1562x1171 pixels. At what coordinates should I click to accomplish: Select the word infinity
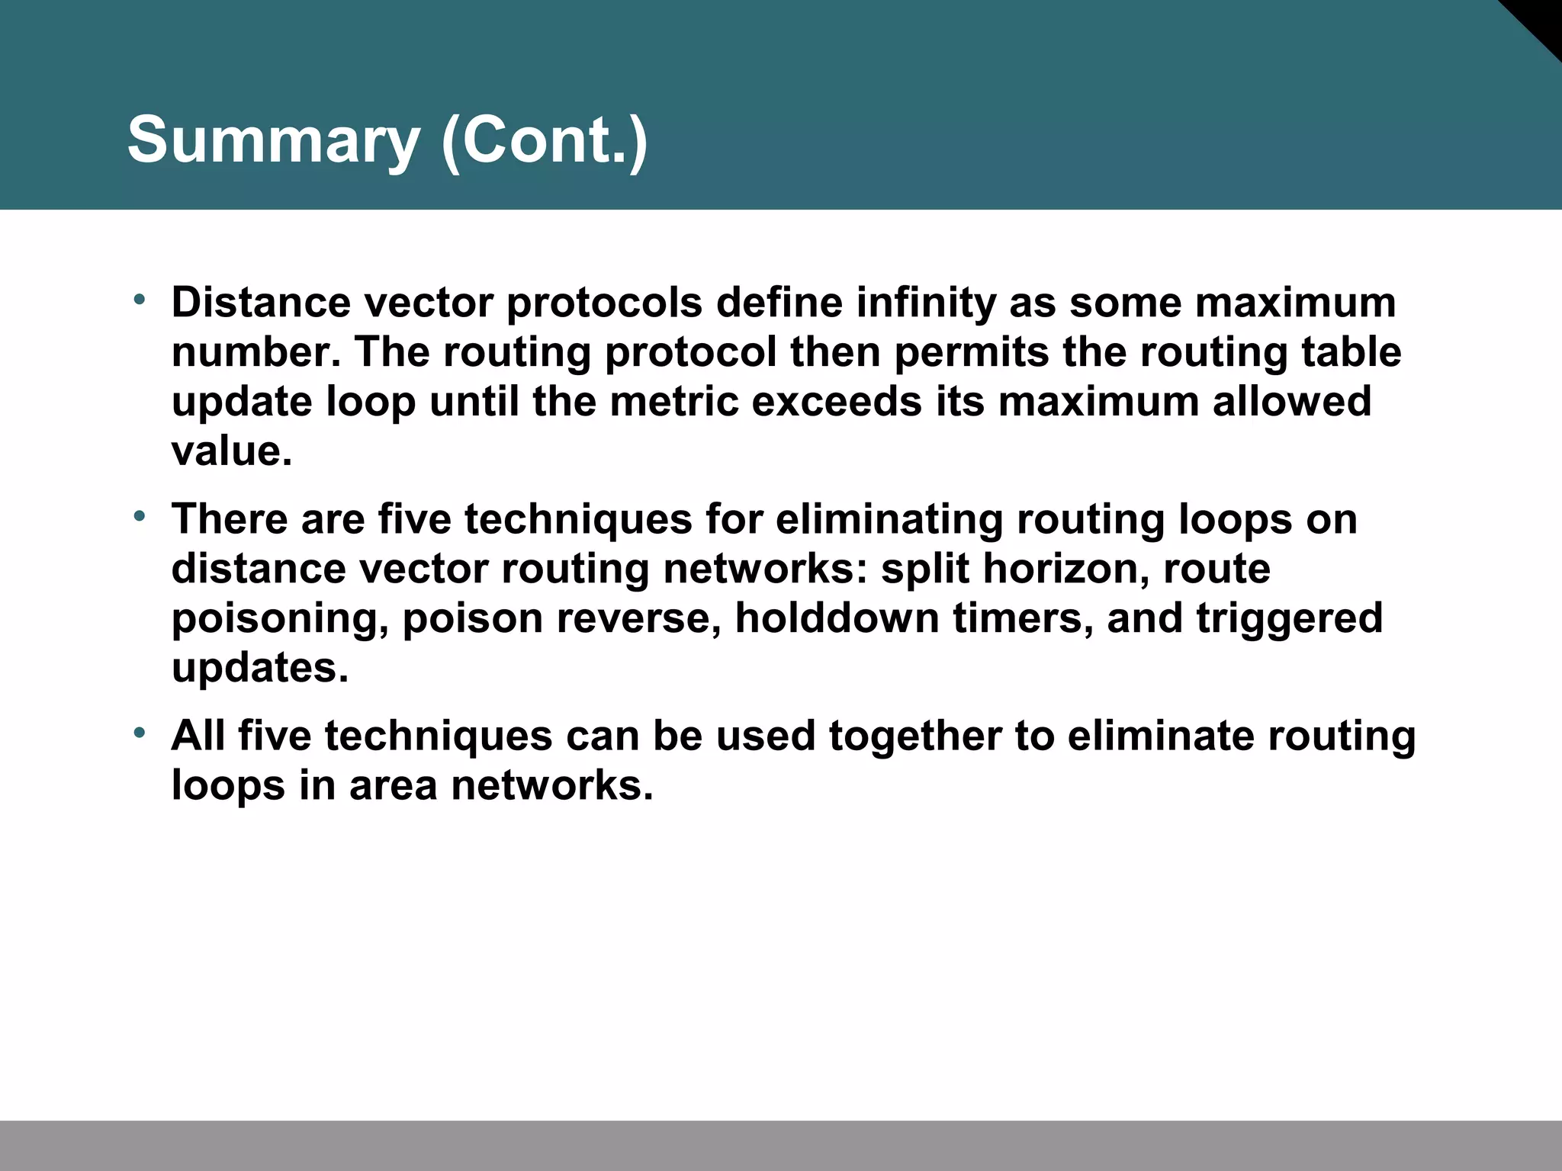coord(926,303)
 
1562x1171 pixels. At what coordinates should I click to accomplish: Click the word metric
coord(674,402)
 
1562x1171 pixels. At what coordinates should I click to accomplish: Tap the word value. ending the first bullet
coord(231,451)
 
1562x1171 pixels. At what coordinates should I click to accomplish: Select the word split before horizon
coord(924,569)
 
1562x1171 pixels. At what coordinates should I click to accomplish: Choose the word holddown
coord(837,618)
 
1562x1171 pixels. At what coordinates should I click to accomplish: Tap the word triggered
coord(1289,618)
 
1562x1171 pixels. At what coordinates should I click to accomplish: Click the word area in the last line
coord(393,785)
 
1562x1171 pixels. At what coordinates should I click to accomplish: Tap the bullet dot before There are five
coord(139,515)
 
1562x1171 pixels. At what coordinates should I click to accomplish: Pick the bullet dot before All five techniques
coord(139,732)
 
